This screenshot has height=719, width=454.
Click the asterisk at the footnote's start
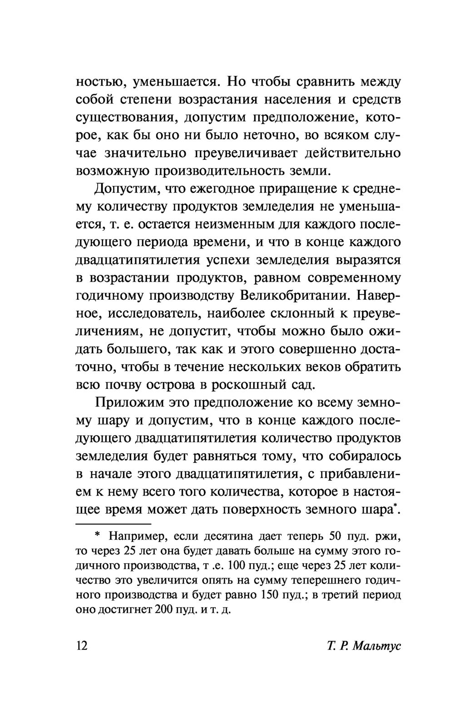coord(98,536)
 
